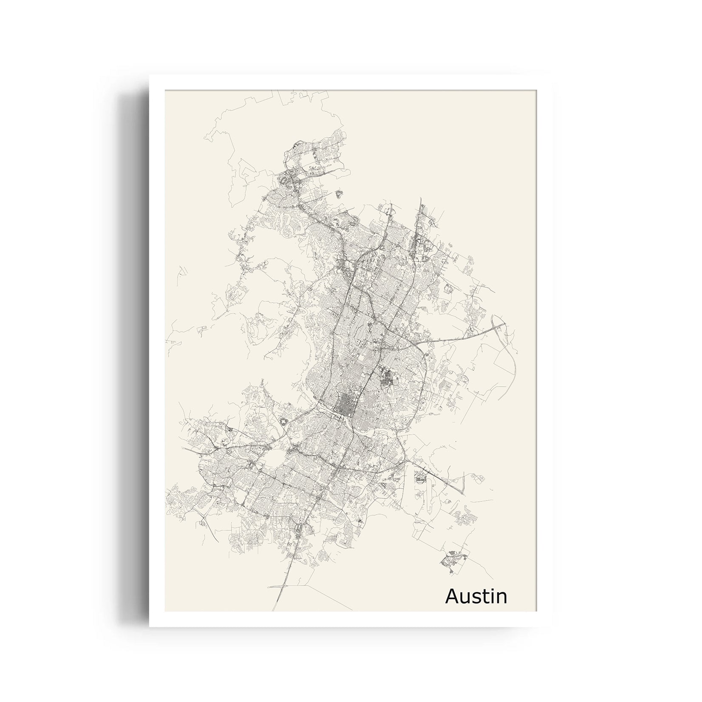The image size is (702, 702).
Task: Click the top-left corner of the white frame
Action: [150, 76]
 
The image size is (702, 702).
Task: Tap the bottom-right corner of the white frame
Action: [551, 626]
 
